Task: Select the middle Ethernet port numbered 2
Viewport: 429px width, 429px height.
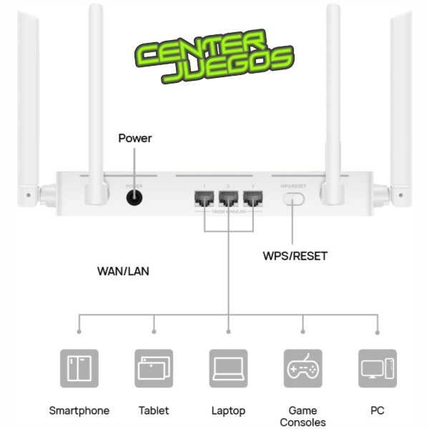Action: tap(228, 199)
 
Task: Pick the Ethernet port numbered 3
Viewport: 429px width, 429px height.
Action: tap(252, 199)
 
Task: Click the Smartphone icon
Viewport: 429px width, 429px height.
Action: tap(79, 368)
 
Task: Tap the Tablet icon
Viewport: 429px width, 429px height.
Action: tap(154, 368)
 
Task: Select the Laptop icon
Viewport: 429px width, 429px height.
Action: tap(228, 368)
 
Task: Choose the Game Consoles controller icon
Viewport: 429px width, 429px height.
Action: tap(302, 368)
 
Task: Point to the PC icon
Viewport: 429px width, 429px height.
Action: tap(377, 368)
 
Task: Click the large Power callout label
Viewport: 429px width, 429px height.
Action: tap(134, 138)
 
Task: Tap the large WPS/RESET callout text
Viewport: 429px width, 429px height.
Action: tap(296, 255)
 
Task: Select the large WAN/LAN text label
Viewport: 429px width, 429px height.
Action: tap(123, 272)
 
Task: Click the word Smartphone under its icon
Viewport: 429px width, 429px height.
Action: tap(79, 410)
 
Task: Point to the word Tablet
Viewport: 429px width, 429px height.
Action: tap(154, 410)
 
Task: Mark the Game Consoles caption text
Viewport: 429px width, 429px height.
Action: tap(302, 416)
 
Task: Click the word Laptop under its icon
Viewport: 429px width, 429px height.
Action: tap(228, 410)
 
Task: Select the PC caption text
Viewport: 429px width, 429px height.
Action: tap(377, 410)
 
